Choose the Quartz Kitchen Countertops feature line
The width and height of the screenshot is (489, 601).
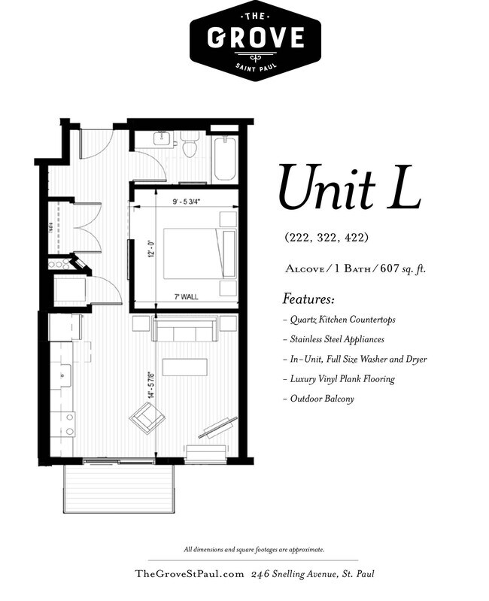point(339,320)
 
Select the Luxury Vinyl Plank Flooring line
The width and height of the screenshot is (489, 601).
point(339,379)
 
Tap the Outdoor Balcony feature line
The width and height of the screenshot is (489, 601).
point(317,399)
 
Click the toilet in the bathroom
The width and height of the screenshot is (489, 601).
point(189,145)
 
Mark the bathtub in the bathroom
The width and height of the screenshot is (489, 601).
point(225,159)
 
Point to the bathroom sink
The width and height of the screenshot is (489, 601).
point(162,138)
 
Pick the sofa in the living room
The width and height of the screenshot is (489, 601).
point(185,329)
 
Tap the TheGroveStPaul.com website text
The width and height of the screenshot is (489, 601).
point(190,574)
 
